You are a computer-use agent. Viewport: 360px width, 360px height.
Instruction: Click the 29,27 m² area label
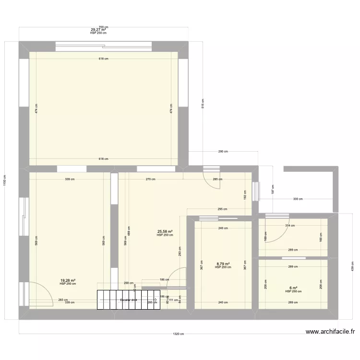pyautogui.click(x=98, y=30)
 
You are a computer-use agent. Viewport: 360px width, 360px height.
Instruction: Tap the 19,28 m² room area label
pyautogui.click(x=68, y=280)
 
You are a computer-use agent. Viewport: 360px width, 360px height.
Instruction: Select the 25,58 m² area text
pyautogui.click(x=165, y=232)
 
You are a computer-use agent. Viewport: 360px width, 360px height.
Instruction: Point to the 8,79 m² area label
pyautogui.click(x=223, y=264)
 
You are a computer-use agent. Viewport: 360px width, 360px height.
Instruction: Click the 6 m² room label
pyautogui.click(x=293, y=288)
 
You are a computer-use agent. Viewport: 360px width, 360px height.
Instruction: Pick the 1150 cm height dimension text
pyautogui.click(x=5, y=180)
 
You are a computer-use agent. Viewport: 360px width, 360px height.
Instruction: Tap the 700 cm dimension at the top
pyautogui.click(x=103, y=27)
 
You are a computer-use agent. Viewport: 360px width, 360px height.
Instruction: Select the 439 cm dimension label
pyautogui.click(x=353, y=265)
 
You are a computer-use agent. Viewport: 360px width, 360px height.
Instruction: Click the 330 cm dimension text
pyautogui.click(x=298, y=199)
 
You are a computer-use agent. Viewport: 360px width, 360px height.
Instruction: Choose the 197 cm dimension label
pyautogui.click(x=272, y=189)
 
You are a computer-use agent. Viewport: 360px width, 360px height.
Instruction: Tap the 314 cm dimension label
pyautogui.click(x=289, y=225)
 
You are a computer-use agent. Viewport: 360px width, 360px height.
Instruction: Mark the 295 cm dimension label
pyautogui.click(x=222, y=209)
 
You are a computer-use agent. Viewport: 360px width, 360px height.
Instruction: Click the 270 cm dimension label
pyautogui.click(x=151, y=180)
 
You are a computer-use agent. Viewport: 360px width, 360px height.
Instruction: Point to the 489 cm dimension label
pyautogui.click(x=128, y=230)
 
